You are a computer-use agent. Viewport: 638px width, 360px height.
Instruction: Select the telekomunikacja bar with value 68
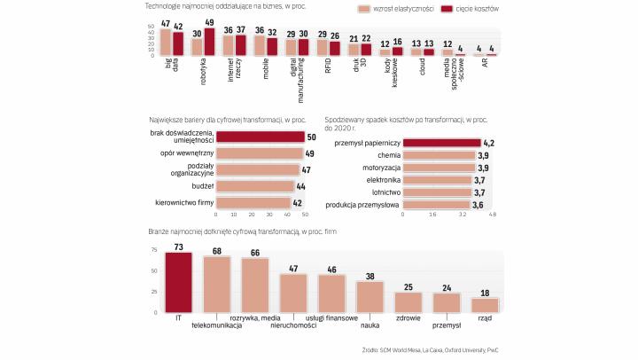click(x=216, y=285)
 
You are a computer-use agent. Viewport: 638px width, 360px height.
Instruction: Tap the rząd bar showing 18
click(x=484, y=304)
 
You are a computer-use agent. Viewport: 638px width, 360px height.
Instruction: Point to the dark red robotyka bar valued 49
click(x=209, y=42)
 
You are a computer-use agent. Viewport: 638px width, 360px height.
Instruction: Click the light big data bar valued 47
click(x=166, y=43)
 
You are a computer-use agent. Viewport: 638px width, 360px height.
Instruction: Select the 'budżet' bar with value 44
click(x=255, y=186)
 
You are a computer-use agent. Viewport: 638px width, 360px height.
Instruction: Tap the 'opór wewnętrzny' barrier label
click(x=186, y=153)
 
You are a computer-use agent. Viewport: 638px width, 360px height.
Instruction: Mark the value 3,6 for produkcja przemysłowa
click(x=478, y=204)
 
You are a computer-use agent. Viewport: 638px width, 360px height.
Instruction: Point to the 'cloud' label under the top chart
click(x=417, y=66)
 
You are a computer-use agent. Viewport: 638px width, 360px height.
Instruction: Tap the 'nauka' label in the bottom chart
click(x=370, y=325)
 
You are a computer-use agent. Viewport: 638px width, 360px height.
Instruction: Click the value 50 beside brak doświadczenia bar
click(x=311, y=137)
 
